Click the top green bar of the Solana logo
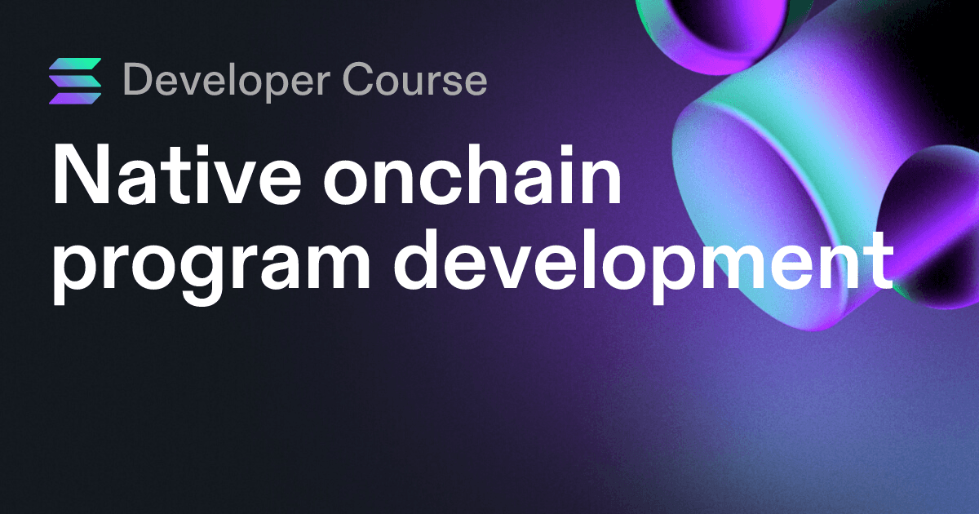pyautogui.click(x=75, y=64)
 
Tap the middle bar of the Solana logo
pyautogui.click(x=75, y=81)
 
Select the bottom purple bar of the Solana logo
pyautogui.click(x=75, y=99)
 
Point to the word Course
pyautogui.click(x=414, y=79)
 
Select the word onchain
pyautogui.click(x=472, y=175)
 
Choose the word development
pyautogui.click(x=643, y=261)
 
